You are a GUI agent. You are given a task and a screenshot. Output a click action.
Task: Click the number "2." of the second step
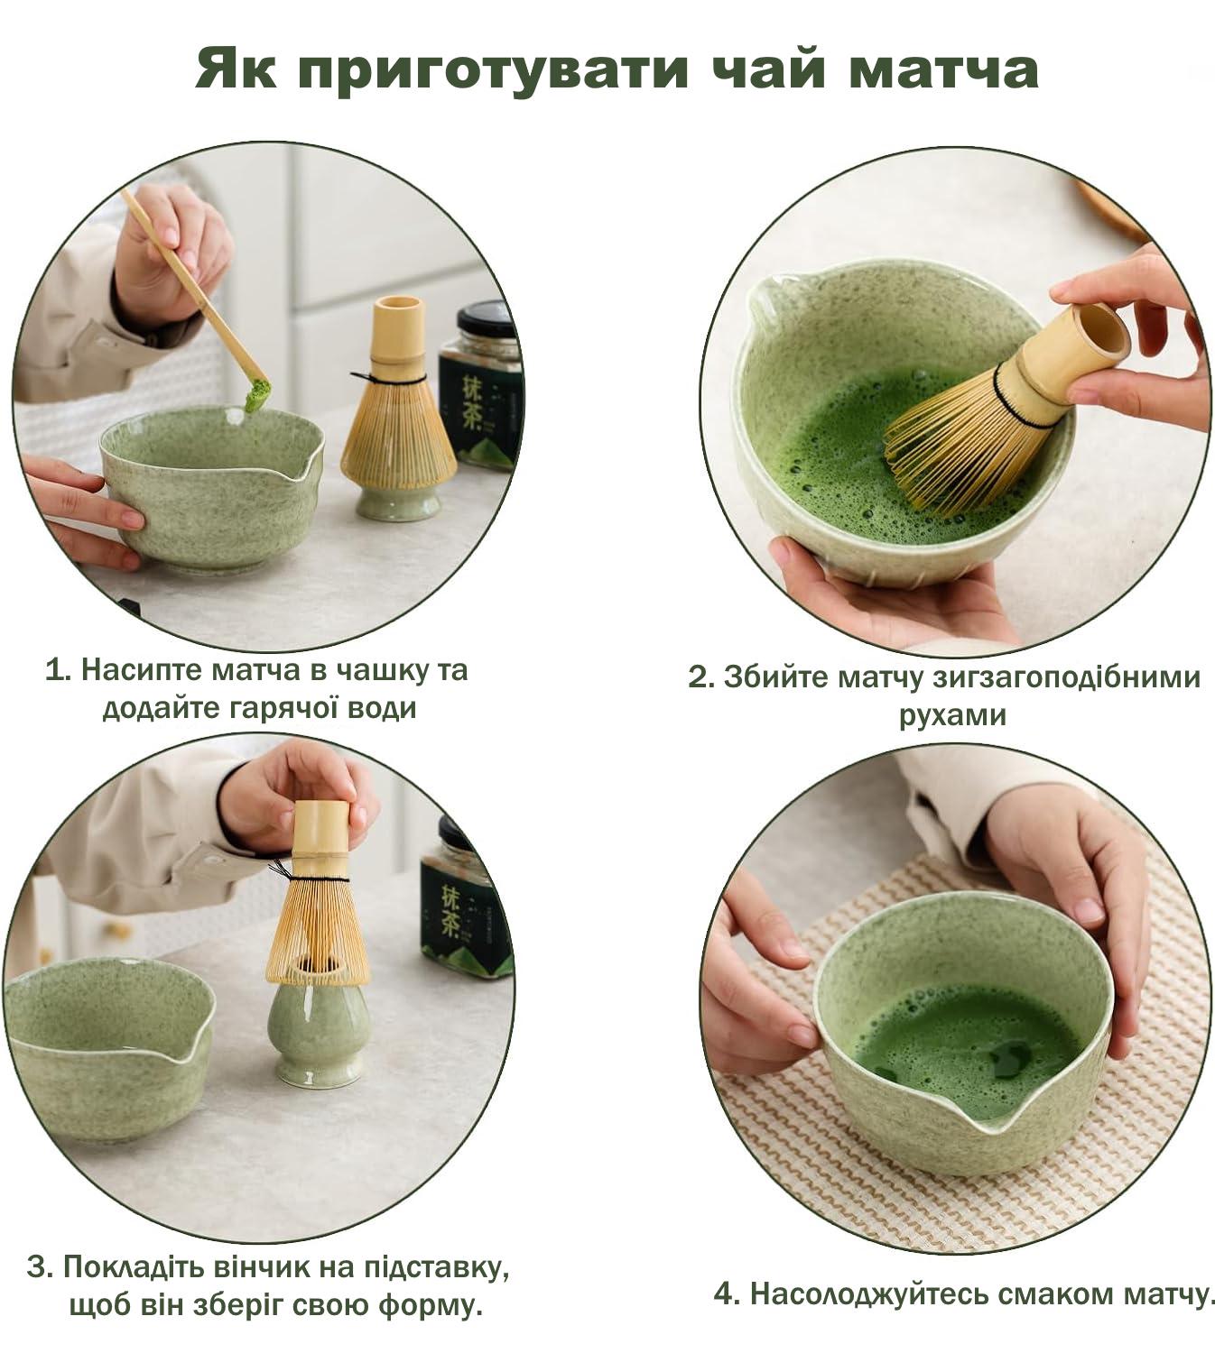pos(701,676)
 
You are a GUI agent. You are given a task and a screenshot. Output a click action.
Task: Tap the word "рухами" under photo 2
pos(952,716)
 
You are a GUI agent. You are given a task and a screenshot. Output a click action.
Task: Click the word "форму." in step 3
pos(431,1306)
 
